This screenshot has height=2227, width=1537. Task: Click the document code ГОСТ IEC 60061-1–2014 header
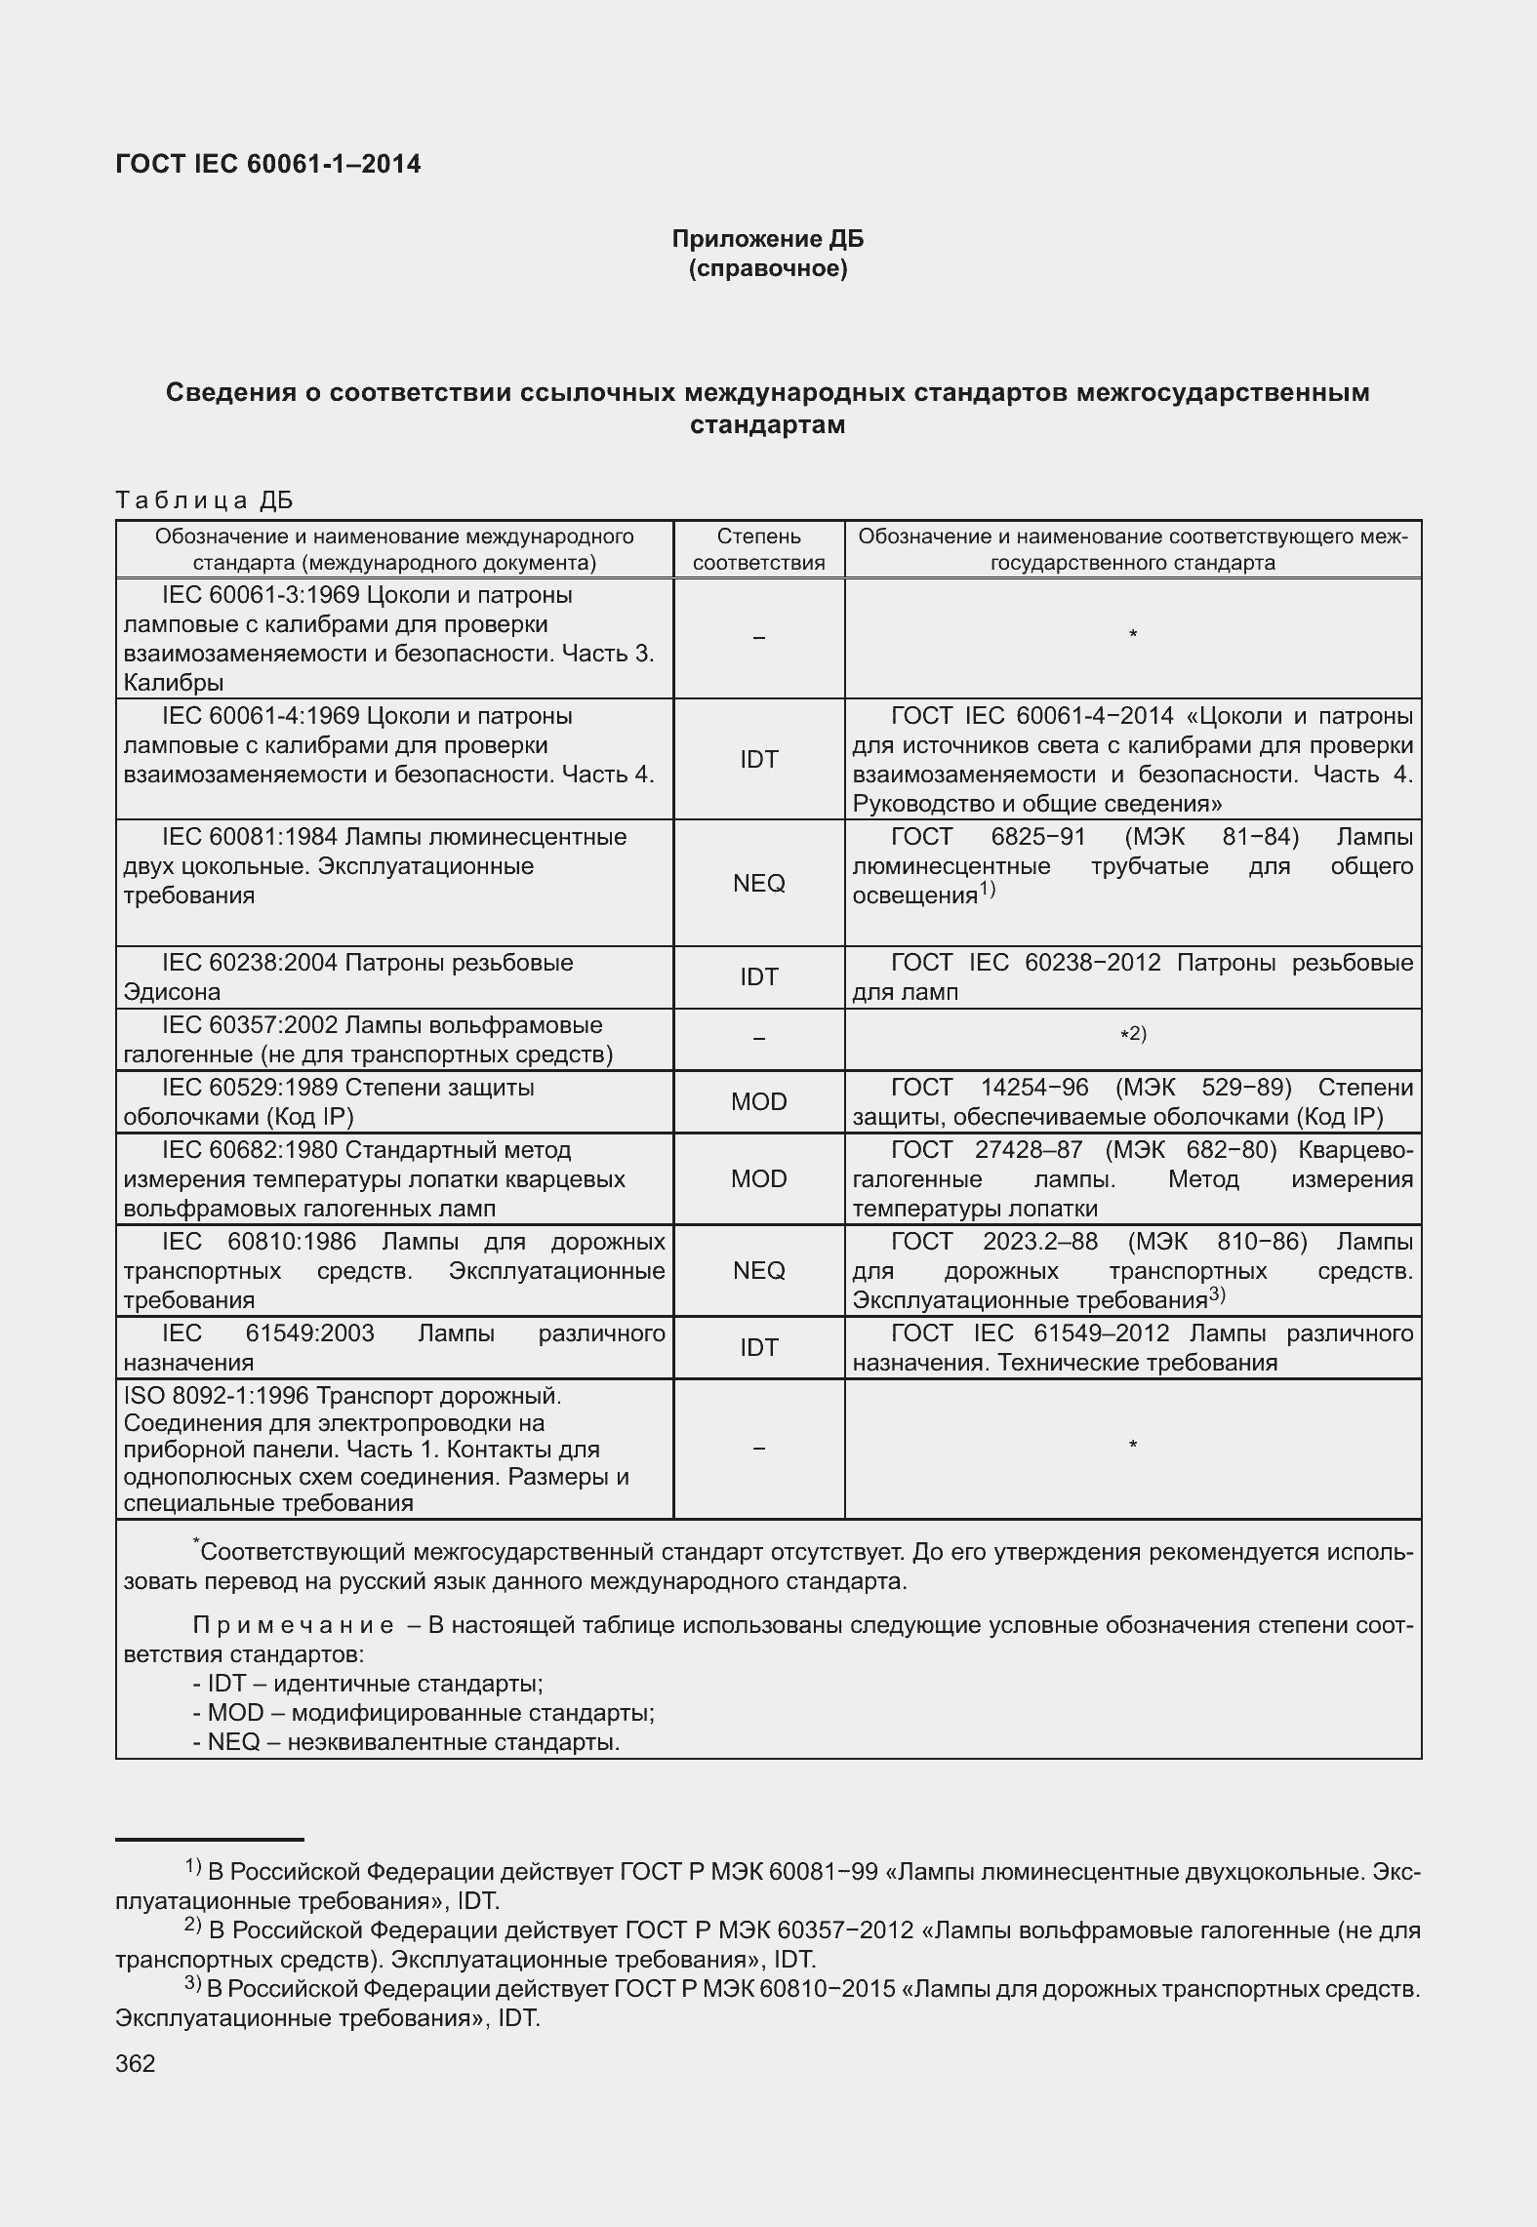coord(267,164)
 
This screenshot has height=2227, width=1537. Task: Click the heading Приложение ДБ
coord(767,239)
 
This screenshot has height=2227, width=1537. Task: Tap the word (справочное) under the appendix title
coord(767,268)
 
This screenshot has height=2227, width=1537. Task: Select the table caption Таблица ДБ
coord(204,500)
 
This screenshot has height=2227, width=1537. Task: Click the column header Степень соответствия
coord(758,549)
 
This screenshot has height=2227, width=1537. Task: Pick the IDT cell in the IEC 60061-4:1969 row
coord(758,759)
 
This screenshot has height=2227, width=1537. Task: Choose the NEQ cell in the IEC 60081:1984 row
coord(758,883)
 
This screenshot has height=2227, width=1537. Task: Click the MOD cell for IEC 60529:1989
coord(758,1101)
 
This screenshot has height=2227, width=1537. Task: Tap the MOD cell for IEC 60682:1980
coord(758,1178)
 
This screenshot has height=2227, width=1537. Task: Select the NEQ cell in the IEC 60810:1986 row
coord(758,1270)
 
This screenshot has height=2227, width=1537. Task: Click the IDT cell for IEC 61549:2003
coord(758,1347)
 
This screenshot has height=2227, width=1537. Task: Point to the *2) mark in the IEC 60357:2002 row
coord(1132,1034)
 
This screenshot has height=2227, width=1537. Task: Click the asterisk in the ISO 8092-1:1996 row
coord(1132,1445)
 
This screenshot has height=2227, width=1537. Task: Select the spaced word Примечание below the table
coord(294,1626)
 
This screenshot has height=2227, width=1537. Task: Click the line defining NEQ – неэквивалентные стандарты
coord(406,1742)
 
